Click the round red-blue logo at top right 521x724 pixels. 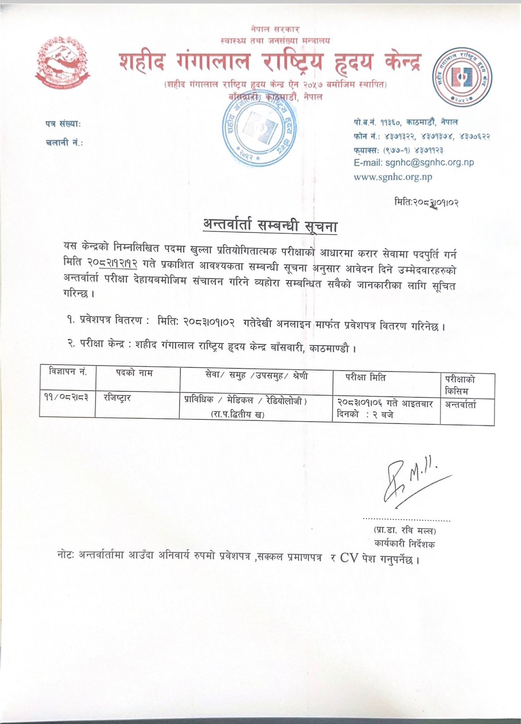[462, 76]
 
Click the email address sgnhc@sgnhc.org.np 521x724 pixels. [429, 162]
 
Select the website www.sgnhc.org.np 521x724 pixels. [393, 177]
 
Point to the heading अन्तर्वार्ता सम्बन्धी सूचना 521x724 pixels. [270, 225]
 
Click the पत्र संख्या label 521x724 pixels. [63, 124]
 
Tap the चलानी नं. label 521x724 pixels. [64, 143]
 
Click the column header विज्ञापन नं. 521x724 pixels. [68, 372]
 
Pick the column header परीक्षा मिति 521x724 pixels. [366, 377]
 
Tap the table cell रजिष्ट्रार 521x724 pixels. [117, 398]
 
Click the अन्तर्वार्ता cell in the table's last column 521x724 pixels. [460, 405]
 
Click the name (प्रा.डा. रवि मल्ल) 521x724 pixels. [405, 530]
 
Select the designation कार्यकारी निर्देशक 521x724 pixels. [404, 543]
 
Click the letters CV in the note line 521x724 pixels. [349, 557]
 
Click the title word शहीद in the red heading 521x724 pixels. [142, 62]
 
